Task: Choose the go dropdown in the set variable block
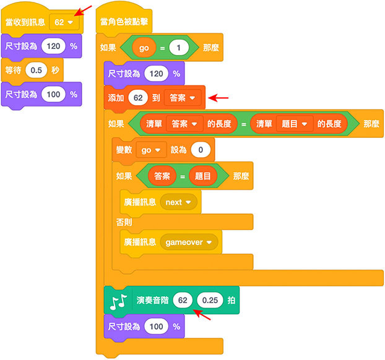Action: tap(152, 150)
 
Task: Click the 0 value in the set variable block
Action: tap(201, 150)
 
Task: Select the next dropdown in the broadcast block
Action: tap(178, 202)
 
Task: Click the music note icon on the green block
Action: tap(117, 301)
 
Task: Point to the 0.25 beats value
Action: tap(210, 301)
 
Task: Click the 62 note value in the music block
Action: tap(183, 301)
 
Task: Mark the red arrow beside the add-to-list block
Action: tap(220, 97)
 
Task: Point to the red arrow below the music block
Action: tap(202, 316)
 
